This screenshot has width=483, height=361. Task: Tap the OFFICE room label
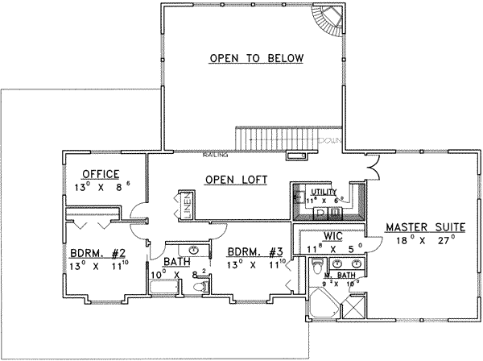click(x=101, y=173)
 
